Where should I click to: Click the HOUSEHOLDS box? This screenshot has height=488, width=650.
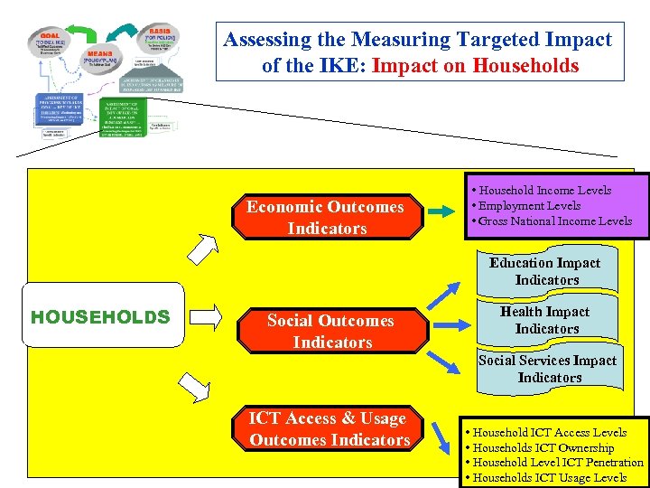[x=100, y=317]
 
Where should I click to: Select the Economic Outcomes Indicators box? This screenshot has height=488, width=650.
[x=326, y=217]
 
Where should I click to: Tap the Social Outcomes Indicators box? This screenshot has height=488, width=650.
[x=331, y=331]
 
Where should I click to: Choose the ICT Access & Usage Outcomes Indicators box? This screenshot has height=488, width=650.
[x=329, y=428]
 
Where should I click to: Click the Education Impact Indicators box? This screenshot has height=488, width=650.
[x=545, y=271]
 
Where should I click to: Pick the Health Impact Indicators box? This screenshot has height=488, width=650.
[x=545, y=320]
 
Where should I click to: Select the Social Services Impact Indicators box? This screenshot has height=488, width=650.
[x=548, y=368]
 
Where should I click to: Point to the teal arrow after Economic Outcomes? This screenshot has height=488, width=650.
[x=441, y=211]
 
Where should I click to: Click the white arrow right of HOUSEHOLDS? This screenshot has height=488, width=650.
[x=207, y=316]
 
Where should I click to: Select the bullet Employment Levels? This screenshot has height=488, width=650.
[x=529, y=205]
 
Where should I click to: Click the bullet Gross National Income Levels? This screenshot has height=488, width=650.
[x=554, y=221]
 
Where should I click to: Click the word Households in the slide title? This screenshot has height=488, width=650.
[x=525, y=65]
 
